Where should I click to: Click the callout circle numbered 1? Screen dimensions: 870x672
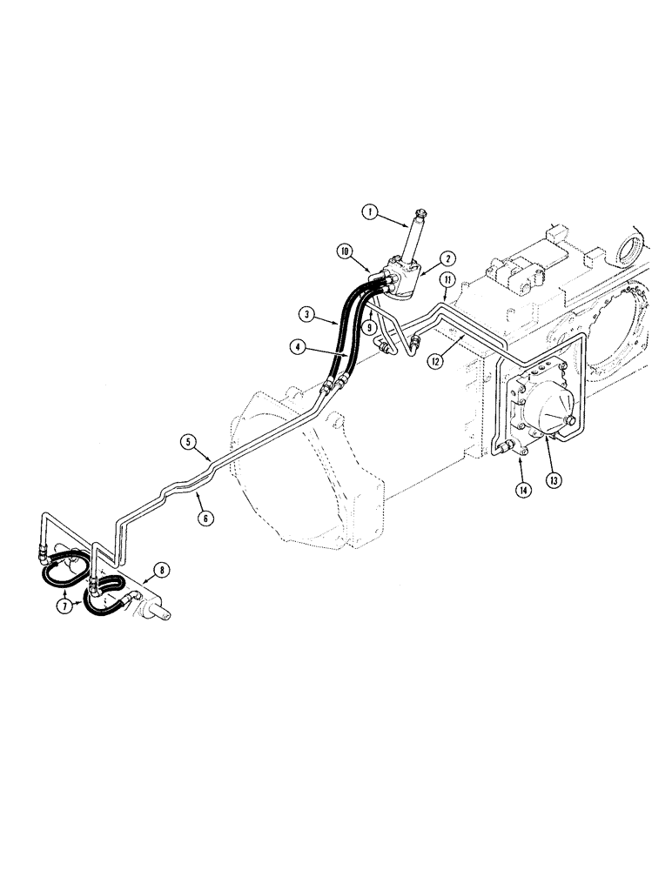370,211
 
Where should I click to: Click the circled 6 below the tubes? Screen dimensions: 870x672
206,518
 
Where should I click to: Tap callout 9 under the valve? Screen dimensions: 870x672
371,328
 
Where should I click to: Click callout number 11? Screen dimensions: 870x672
447,279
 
